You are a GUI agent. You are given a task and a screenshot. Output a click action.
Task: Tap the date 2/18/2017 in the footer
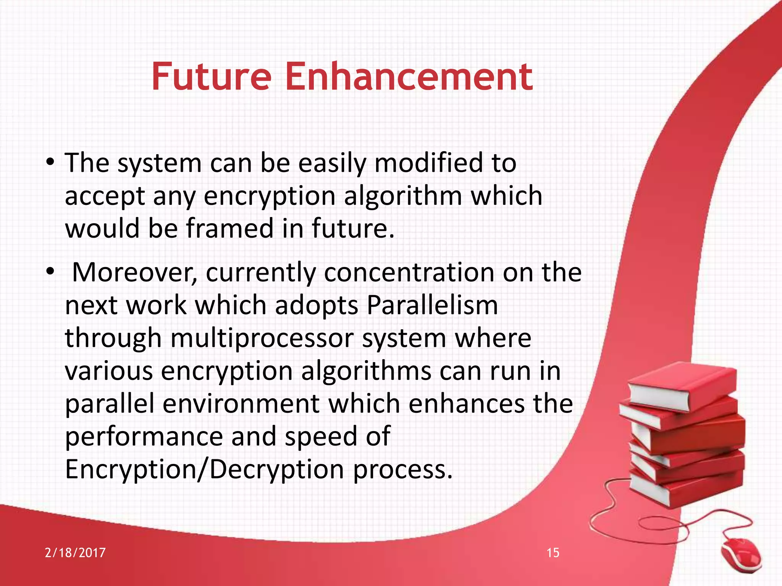click(75, 552)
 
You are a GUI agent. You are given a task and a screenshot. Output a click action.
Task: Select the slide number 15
click(553, 552)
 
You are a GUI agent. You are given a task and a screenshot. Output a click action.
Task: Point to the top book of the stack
click(682, 385)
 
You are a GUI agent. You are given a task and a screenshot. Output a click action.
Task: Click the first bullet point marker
click(50, 163)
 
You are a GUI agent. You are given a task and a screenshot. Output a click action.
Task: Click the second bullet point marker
click(50, 272)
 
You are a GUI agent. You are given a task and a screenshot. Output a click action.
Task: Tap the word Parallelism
click(432, 305)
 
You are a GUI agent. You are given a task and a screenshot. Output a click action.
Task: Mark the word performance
click(144, 436)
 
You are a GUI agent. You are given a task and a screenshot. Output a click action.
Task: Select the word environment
click(241, 404)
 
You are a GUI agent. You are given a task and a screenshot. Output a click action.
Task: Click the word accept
click(105, 196)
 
